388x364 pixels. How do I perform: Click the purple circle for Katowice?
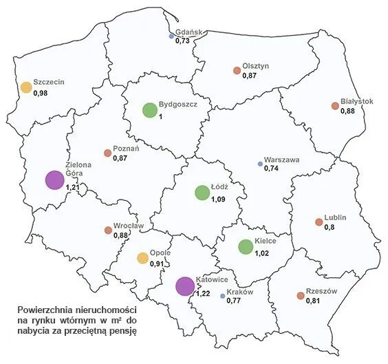[x=184, y=286]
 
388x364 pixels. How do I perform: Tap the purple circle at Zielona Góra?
[x=54, y=180]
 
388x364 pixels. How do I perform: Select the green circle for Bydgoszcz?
[x=149, y=109]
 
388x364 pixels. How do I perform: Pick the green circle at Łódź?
[x=202, y=193]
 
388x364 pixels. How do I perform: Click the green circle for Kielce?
[x=245, y=246]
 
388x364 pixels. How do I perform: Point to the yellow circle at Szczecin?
[x=26, y=87]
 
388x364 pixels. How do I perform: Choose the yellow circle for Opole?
[x=142, y=258]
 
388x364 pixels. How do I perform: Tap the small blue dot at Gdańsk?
[x=172, y=36]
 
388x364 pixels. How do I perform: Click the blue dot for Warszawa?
[x=260, y=164]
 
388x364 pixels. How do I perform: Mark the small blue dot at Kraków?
[x=222, y=296]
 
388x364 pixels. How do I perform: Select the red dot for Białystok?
[x=335, y=106]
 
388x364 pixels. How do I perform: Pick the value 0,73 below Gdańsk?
[x=182, y=42]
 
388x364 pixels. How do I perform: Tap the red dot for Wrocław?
[x=107, y=231]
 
